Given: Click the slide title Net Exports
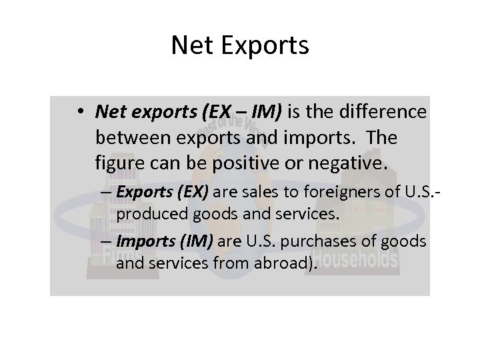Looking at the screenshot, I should point(240,45).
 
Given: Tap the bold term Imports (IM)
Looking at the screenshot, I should point(163,242).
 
